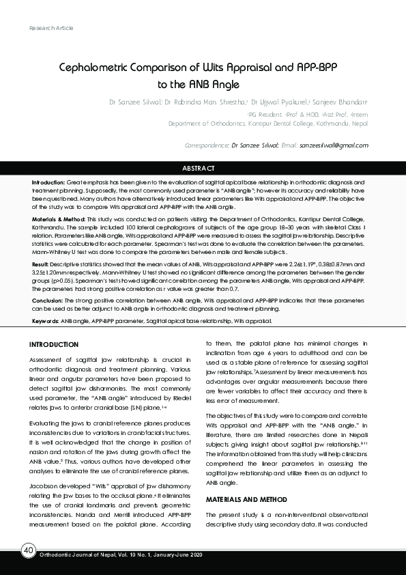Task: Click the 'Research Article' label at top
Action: point(51,28)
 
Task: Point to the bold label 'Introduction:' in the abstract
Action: point(48,183)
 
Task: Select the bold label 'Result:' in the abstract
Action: point(40,263)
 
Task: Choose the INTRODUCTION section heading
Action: point(61,343)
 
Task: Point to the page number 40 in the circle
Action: point(28,550)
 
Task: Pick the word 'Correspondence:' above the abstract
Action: point(207,145)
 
